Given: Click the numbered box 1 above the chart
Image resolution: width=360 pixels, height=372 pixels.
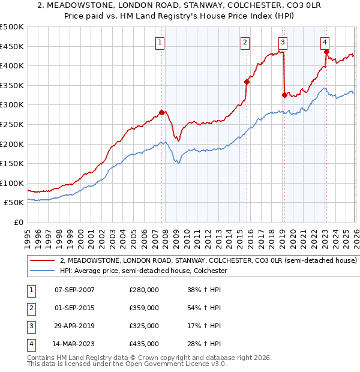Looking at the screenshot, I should coord(161,42).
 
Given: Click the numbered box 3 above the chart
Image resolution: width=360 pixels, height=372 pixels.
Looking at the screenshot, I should coord(283,42).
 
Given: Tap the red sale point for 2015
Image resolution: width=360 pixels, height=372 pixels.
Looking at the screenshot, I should coord(247,82).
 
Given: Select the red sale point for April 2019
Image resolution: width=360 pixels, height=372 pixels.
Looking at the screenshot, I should coord(284,95).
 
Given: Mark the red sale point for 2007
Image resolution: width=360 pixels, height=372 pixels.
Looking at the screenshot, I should coord(161,112).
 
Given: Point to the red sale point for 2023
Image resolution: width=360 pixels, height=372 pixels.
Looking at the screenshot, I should coord(326,52).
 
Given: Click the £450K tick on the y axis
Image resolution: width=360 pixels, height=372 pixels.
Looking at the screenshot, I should coord(12,46).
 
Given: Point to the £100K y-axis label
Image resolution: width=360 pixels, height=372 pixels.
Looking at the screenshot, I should coord(12,183).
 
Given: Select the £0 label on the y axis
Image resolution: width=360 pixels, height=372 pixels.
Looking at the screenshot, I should coord(18,222).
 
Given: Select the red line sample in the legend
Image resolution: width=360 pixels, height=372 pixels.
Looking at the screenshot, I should coord(42,261).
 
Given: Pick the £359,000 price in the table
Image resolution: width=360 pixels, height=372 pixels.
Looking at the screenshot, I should coord(144,308).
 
